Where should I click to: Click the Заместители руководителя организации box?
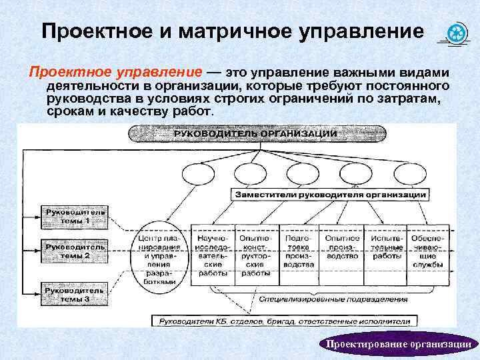(330, 195)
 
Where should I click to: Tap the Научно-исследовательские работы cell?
(213, 255)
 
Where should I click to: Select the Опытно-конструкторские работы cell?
(255, 255)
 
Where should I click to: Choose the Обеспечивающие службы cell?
(427, 251)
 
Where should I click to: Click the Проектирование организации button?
(397, 344)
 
